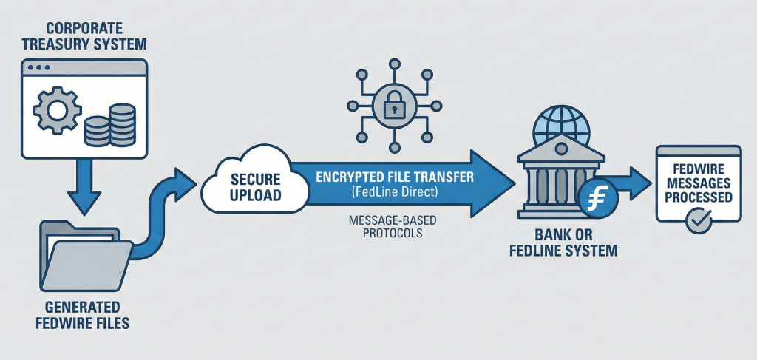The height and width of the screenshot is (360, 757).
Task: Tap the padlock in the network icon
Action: (395, 105)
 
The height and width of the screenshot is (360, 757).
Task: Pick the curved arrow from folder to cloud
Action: (163, 214)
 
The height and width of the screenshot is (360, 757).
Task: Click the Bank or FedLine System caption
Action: (563, 244)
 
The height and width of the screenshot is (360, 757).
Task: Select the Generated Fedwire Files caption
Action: (84, 316)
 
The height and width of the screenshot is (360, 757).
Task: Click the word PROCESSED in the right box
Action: (699, 197)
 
